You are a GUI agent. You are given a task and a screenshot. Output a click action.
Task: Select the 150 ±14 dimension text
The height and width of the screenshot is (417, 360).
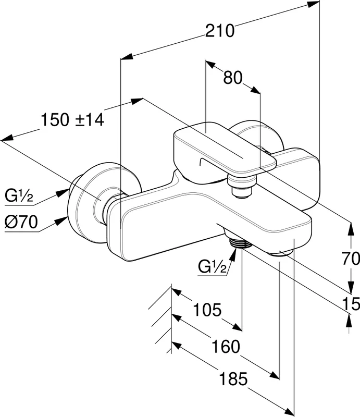(x=72, y=120)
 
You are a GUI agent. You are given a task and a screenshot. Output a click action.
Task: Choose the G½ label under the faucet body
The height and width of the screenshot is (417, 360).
(x=212, y=267)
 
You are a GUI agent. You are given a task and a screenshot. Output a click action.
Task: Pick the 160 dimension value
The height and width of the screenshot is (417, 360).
(x=225, y=346)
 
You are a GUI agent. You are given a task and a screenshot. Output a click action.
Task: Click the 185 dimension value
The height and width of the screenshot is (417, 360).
(x=233, y=379)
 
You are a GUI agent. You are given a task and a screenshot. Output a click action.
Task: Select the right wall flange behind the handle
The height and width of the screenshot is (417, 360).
(x=258, y=136)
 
